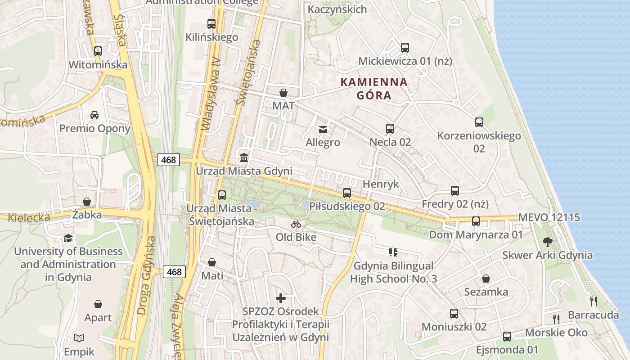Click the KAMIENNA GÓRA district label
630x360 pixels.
pyautogui.click(x=374, y=89)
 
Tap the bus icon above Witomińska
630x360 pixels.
pyautogui.click(x=98, y=51)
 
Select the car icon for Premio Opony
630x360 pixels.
pyautogui.click(x=94, y=115)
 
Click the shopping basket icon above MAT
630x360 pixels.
pyautogui.click(x=283, y=93)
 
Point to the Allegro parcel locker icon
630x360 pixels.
pyautogui.click(x=323, y=130)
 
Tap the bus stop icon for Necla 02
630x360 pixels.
pyautogui.click(x=390, y=129)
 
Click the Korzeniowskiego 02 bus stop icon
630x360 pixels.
pyautogui.click(x=479, y=122)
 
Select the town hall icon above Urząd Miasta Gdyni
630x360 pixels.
pyautogui.click(x=244, y=158)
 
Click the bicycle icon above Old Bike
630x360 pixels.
pyautogui.click(x=296, y=224)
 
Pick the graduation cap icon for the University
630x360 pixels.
pyautogui.click(x=68, y=238)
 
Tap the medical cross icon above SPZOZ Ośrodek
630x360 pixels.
pyautogui.click(x=281, y=298)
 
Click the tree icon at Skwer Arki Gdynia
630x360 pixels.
pyautogui.click(x=547, y=242)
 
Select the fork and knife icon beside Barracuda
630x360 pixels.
pyautogui.click(x=594, y=301)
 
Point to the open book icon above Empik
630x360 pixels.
pyautogui.click(x=79, y=338)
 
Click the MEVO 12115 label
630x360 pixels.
pyautogui.click(x=549, y=217)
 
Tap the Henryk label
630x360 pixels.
pyautogui.click(x=381, y=184)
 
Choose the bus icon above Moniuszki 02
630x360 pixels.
pyautogui.click(x=454, y=314)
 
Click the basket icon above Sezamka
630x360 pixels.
pyautogui.click(x=486, y=279)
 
